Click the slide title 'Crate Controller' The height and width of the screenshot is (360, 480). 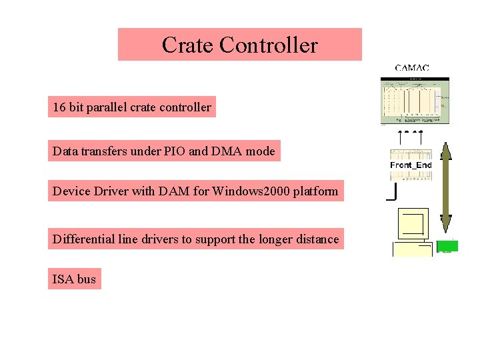[239, 45]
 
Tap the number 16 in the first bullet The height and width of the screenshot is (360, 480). [59, 107]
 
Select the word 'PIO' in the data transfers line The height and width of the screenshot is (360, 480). [174, 151]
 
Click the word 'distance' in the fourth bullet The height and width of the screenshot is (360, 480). [317, 239]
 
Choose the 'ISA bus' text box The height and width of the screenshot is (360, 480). [74, 279]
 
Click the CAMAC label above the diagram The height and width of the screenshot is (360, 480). [411, 67]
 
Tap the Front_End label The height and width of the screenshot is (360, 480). [411, 165]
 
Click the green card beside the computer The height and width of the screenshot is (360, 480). [447, 246]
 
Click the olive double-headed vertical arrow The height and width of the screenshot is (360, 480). [446, 187]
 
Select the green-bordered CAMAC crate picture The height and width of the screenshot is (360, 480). [415, 100]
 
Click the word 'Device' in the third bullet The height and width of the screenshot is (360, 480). [69, 192]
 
